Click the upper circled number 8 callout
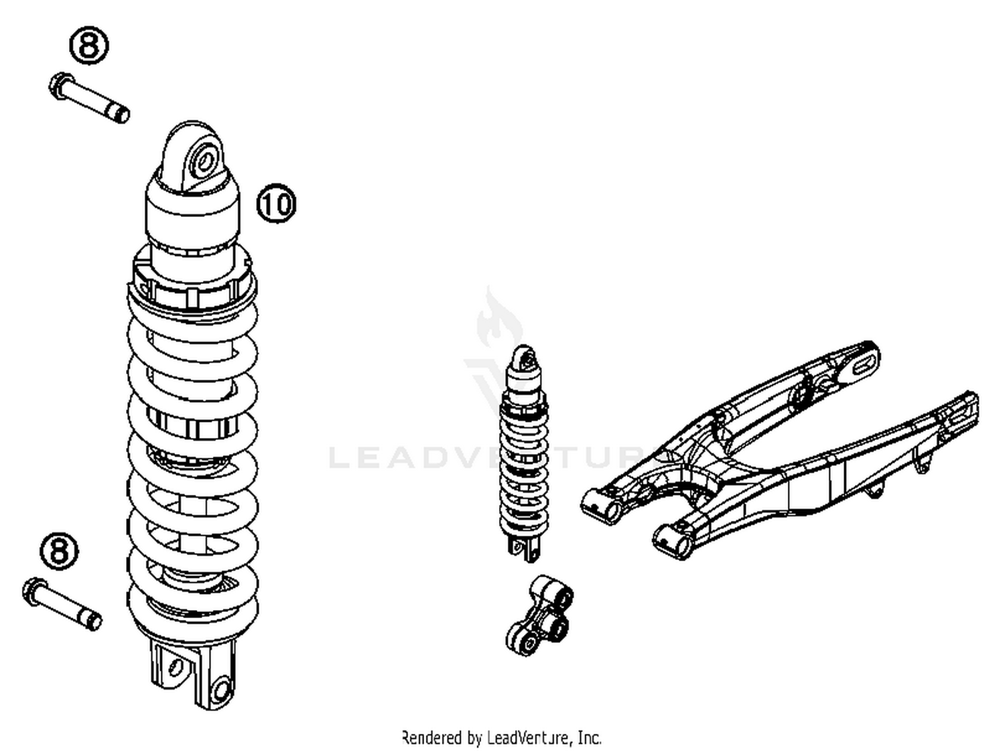tap(89, 46)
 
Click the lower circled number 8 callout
tap(59, 551)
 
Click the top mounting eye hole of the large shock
tap(204, 159)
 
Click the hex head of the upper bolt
tap(60, 85)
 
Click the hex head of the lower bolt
tap(33, 591)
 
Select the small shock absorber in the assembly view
tap(525, 449)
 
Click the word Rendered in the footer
tap(432, 738)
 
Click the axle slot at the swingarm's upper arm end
tap(863, 362)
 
